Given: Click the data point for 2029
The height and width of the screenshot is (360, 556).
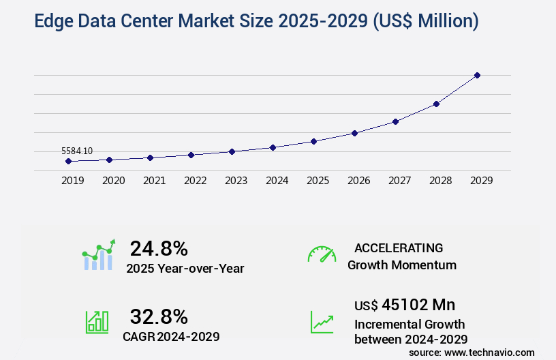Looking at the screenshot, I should (x=477, y=75).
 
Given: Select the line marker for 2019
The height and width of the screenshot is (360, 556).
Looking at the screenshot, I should (x=68, y=162).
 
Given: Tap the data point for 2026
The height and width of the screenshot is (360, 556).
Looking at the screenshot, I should (x=354, y=133).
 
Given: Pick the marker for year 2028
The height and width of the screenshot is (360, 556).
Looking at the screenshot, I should (x=436, y=104).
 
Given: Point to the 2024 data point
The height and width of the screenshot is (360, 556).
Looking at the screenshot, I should (x=273, y=147).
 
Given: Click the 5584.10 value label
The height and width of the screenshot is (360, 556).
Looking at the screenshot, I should (x=77, y=151).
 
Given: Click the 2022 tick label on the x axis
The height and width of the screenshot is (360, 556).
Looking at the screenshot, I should (x=195, y=181).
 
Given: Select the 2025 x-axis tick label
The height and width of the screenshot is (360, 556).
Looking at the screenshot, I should (x=318, y=181).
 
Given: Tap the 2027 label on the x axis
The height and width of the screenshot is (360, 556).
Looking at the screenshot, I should (x=399, y=181).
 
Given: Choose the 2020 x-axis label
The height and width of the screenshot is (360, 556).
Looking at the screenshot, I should (x=113, y=181).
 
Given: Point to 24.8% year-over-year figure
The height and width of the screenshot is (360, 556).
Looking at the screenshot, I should (x=159, y=248).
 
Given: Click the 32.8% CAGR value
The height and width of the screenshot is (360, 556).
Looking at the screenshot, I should (x=159, y=316).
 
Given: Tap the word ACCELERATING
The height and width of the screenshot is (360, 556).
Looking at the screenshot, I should (x=399, y=247).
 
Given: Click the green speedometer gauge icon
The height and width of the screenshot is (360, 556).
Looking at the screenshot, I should (x=322, y=254).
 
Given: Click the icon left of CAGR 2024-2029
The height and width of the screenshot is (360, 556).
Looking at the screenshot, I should (x=97, y=322).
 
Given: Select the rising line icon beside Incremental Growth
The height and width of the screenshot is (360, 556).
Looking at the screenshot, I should (x=322, y=322).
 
